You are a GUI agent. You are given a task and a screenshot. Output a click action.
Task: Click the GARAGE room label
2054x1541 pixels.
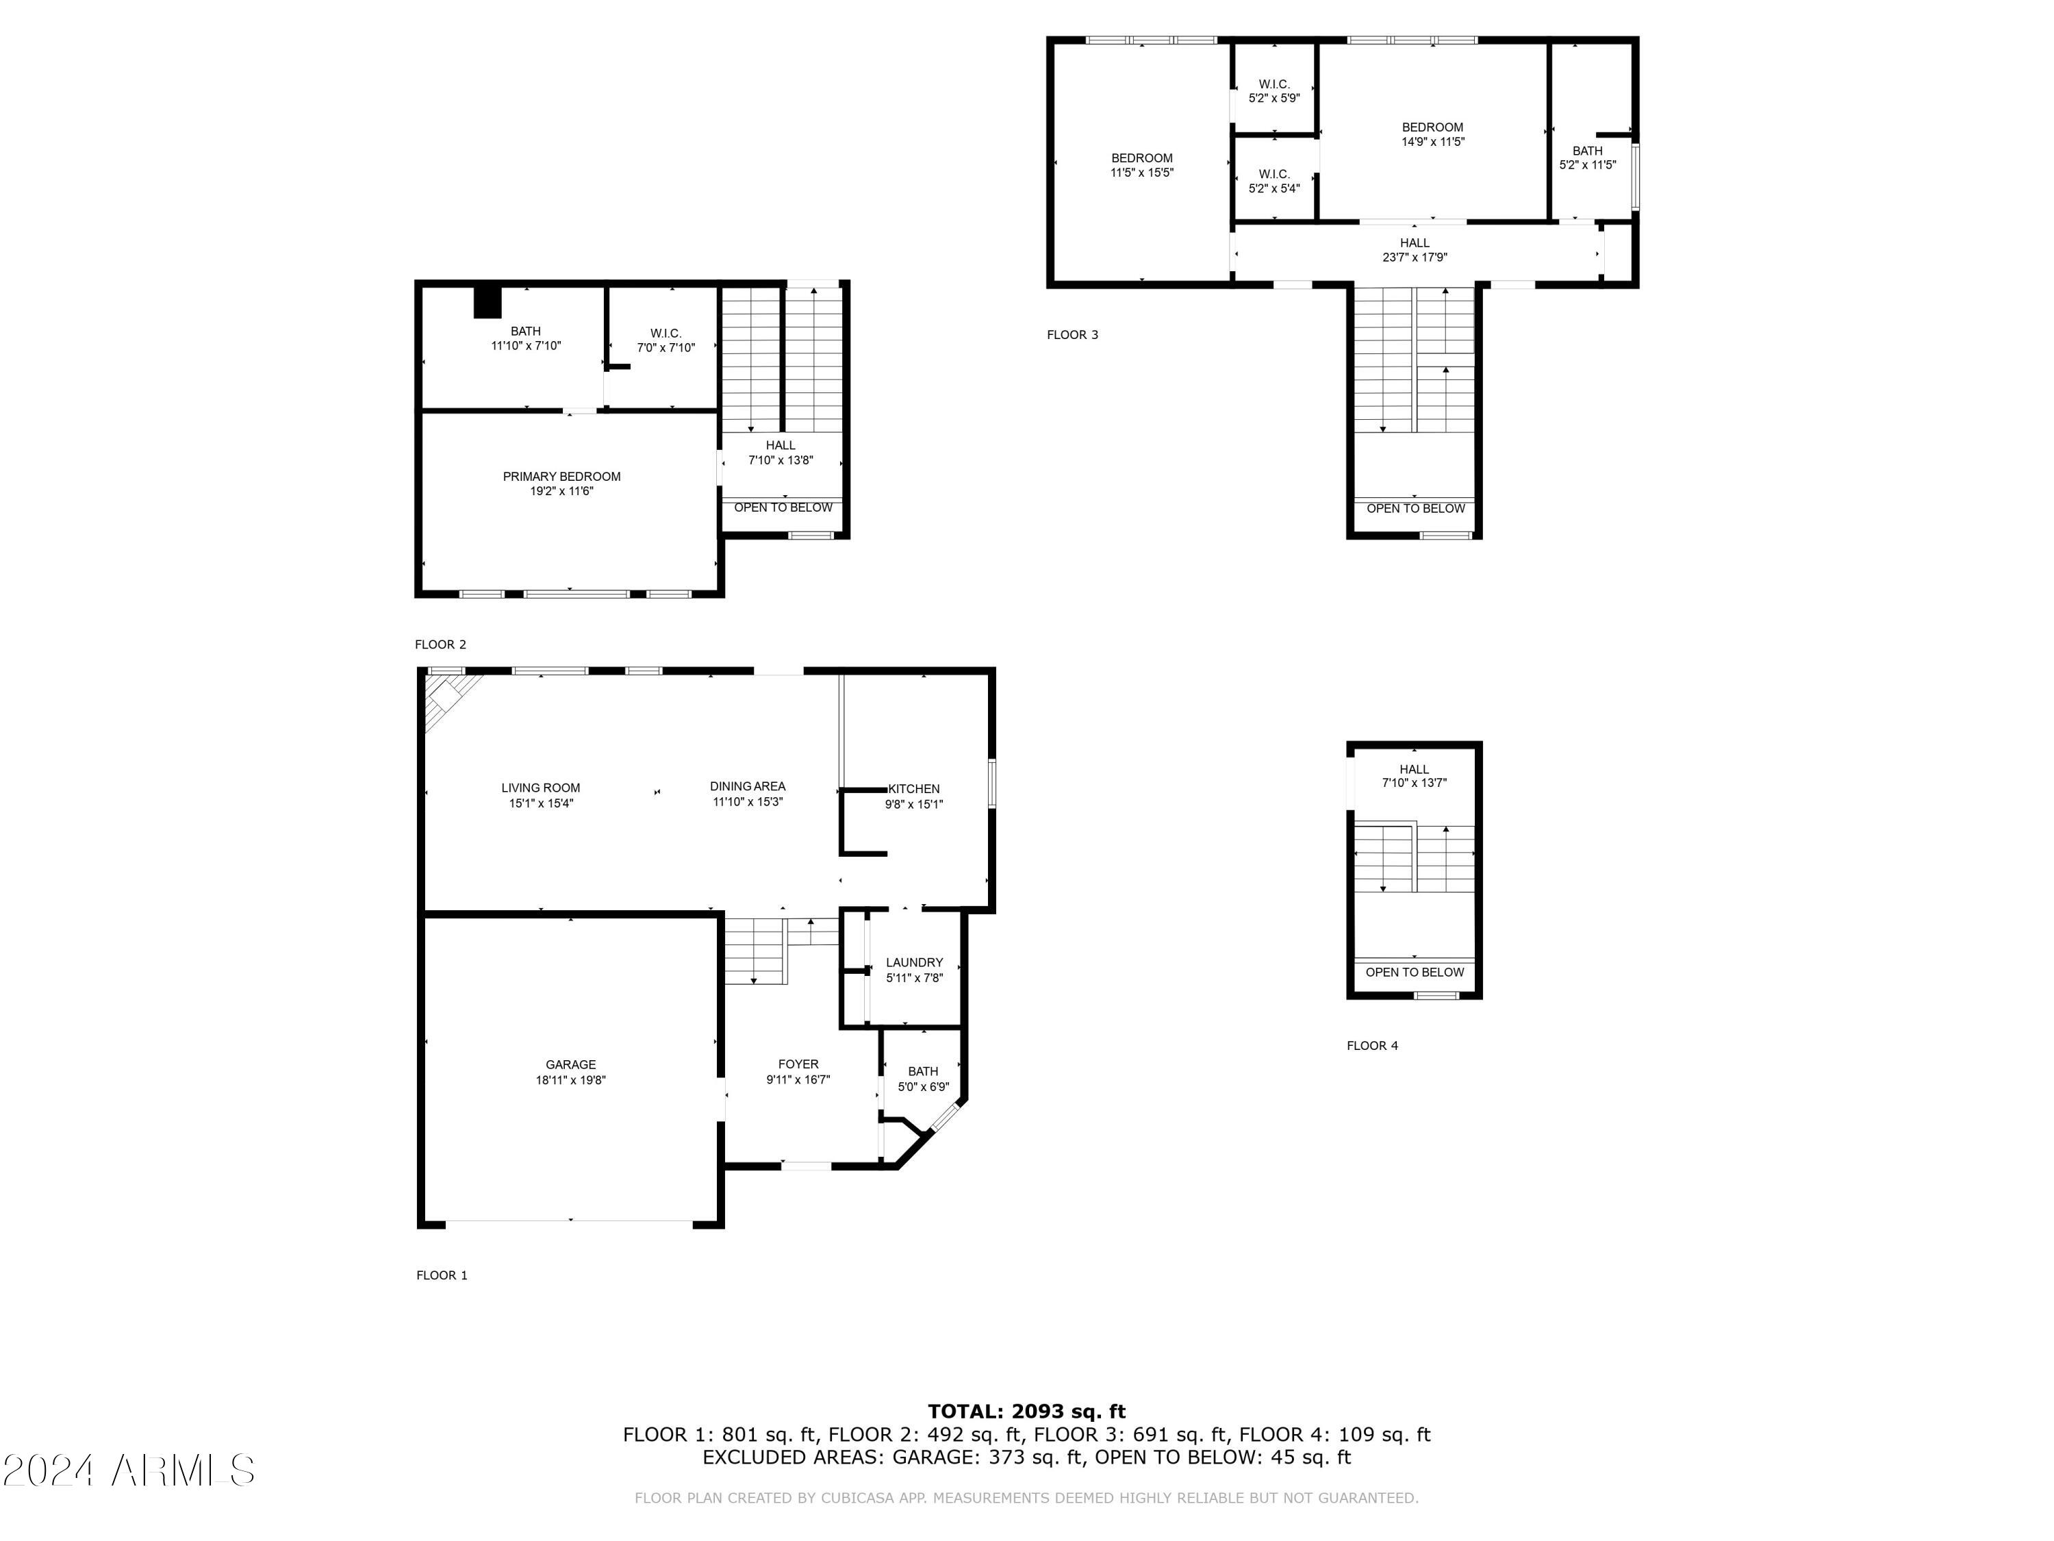(x=570, y=1064)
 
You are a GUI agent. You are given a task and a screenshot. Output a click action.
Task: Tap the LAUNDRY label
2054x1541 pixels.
(x=914, y=962)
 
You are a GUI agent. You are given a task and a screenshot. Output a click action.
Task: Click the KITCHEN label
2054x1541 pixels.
(x=914, y=788)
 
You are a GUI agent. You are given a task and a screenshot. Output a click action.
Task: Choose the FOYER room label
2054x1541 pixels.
(x=798, y=1064)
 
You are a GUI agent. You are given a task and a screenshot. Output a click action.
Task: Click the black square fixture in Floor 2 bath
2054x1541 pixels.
(x=487, y=303)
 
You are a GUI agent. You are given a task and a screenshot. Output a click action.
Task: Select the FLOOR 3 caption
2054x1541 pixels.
(x=1072, y=334)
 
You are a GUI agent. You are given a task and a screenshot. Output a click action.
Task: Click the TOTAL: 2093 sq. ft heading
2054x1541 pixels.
(x=1026, y=1412)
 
